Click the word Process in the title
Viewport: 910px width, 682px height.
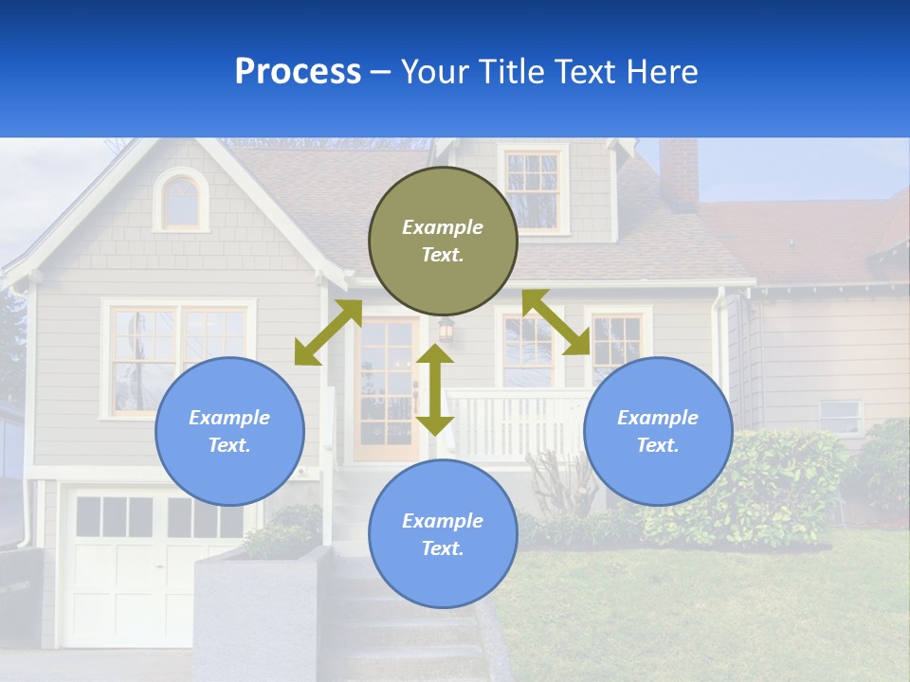click(x=298, y=72)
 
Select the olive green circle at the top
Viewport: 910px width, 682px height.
click(x=443, y=242)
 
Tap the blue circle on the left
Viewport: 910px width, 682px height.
click(x=229, y=431)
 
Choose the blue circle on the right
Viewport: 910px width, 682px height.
click(x=658, y=431)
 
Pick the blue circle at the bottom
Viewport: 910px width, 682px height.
click(x=443, y=534)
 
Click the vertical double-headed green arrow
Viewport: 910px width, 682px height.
click(x=435, y=389)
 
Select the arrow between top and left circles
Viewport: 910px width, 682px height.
click(x=328, y=332)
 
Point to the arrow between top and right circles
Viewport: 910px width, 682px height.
click(x=556, y=322)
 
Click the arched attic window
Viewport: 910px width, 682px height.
click(x=181, y=201)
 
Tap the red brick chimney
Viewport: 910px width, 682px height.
click(x=679, y=172)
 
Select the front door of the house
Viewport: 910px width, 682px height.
click(x=386, y=388)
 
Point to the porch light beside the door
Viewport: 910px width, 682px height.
click(x=446, y=329)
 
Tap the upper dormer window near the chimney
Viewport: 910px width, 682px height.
click(x=533, y=186)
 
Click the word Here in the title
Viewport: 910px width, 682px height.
click(x=662, y=72)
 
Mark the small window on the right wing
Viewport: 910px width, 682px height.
click(x=840, y=416)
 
